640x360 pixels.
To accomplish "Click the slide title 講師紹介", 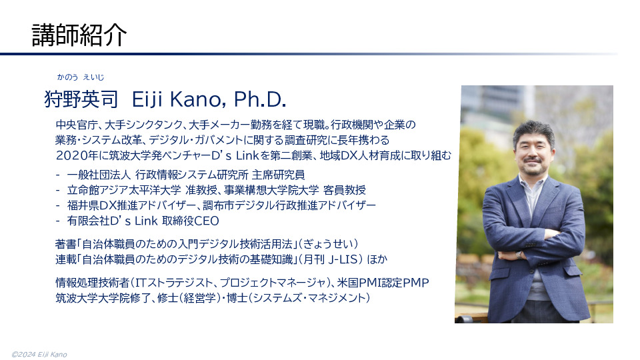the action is coord(79,35).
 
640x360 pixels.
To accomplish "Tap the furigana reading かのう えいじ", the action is coord(81,77).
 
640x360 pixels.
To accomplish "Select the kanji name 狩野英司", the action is coord(81,99).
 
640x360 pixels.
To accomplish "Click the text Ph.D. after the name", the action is coord(260,99).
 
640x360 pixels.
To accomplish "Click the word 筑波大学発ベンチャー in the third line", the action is coord(159,155).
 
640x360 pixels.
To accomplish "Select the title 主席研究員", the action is coord(279,175).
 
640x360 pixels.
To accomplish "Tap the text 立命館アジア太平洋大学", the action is coord(124,190).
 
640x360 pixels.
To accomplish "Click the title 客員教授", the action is coord(345,190).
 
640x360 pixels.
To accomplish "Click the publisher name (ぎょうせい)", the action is coord(328,244).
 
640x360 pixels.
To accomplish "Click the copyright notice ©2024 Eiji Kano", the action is coord(39,354).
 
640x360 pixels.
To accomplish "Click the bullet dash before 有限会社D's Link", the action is coord(58,221).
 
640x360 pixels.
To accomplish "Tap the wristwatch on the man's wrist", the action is coord(519,255).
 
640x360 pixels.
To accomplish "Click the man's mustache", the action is coord(534,160).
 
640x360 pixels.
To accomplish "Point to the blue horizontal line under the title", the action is coord(309,54).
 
